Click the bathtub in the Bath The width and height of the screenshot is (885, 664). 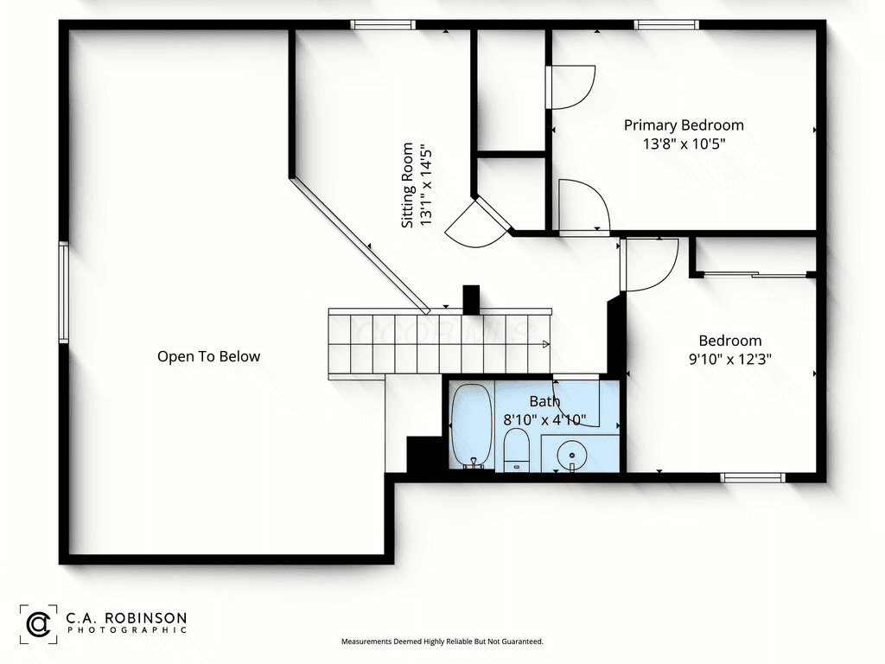[472, 426]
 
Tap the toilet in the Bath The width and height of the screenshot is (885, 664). [516, 450]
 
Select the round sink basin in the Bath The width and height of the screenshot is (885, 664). [572, 454]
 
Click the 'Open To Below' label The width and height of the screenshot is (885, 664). [209, 356]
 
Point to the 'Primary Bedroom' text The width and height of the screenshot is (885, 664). [684, 125]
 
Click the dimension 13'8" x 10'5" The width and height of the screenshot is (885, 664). [684, 144]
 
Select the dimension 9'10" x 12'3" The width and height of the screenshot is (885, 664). [729, 359]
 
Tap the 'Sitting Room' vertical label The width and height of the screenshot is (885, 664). [407, 185]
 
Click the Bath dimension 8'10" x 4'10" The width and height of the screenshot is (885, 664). [544, 419]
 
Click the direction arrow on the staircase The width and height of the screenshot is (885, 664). [546, 344]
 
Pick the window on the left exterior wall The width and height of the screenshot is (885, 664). [64, 292]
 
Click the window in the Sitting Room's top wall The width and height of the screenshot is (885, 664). [383, 25]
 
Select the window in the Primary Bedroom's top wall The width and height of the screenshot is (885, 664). [666, 25]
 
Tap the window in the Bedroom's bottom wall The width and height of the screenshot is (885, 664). [753, 477]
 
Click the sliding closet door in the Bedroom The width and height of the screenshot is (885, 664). [755, 275]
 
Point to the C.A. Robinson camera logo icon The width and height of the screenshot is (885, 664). [38, 624]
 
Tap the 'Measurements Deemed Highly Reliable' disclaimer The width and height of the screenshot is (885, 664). [442, 642]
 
